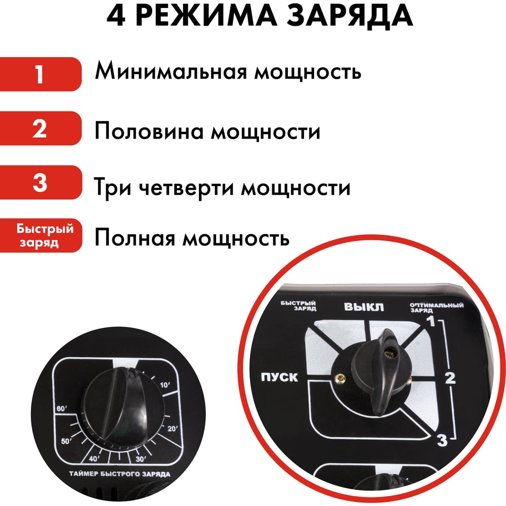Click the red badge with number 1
(x=40, y=74)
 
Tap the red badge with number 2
(x=40, y=129)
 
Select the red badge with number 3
(x=40, y=182)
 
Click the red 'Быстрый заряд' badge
(x=40, y=236)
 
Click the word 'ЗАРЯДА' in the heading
(x=350, y=15)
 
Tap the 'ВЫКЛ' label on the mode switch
(x=364, y=307)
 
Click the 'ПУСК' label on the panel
(x=279, y=377)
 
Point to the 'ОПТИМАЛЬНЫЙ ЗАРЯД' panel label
(x=436, y=308)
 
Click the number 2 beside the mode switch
(x=450, y=378)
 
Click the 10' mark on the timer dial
(x=165, y=385)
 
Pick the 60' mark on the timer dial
(x=61, y=408)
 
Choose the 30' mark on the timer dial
(x=141, y=459)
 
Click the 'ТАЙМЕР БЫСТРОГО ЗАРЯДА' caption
(x=119, y=474)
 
